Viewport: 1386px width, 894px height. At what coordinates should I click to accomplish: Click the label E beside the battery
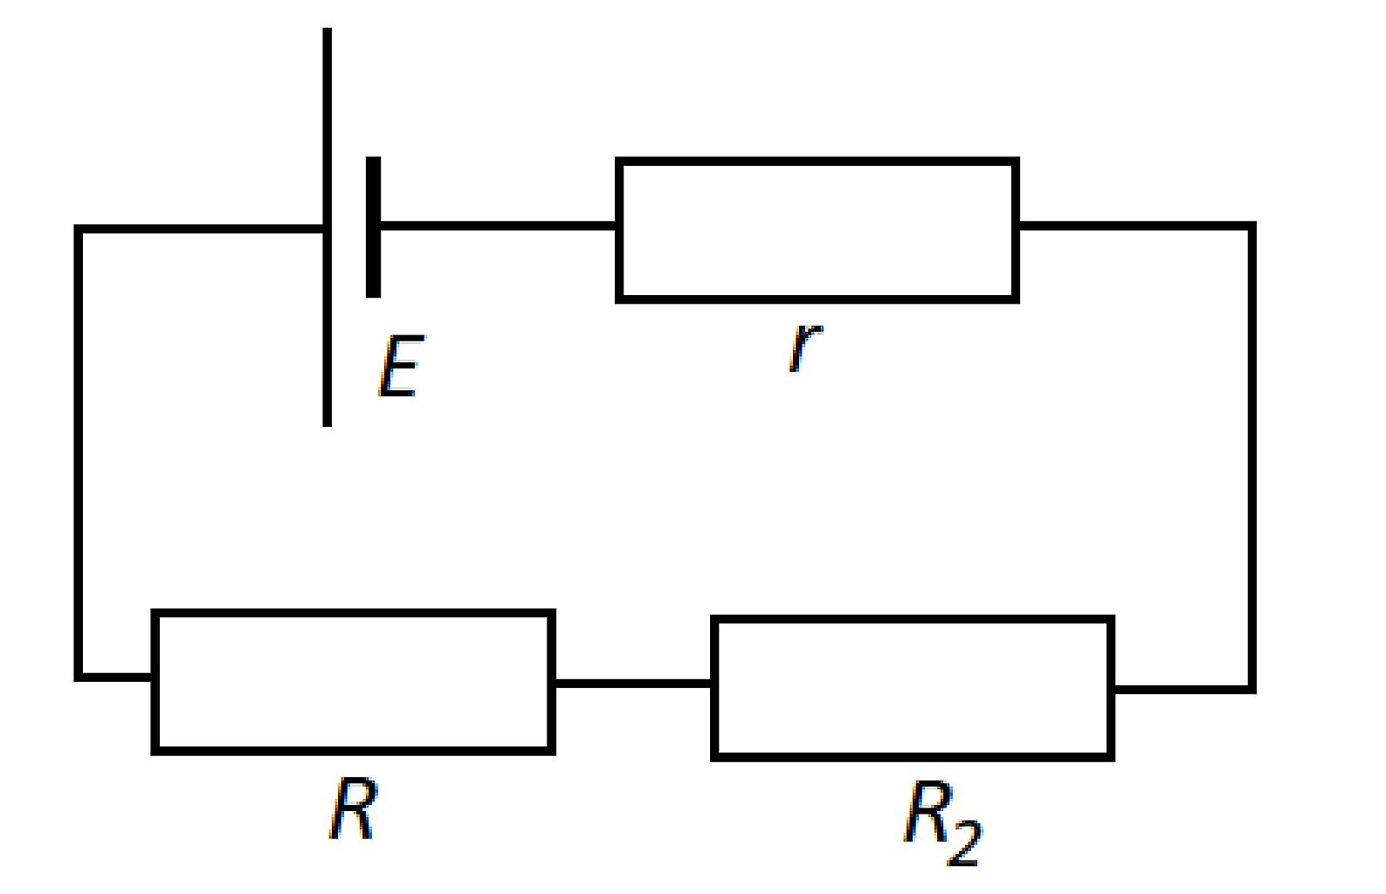402,366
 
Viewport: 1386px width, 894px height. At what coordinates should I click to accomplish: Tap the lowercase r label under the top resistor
805,348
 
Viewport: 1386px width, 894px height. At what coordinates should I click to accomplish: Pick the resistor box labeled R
353,614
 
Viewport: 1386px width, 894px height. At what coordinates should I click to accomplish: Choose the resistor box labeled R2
912,620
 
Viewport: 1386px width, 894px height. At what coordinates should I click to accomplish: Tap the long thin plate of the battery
327,227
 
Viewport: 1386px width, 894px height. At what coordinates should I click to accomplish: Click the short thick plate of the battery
373,227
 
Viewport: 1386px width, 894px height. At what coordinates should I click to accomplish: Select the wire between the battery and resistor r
498,226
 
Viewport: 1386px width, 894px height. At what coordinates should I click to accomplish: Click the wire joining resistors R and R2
633,683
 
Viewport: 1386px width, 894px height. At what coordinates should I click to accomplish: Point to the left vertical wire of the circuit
79,453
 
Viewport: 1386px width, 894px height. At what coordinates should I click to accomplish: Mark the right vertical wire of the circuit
1252,457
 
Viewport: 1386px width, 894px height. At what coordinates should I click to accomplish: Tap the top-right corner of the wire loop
1252,226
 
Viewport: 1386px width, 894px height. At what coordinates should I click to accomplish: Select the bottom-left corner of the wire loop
79,677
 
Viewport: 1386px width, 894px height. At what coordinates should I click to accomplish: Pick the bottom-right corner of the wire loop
1252,689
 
